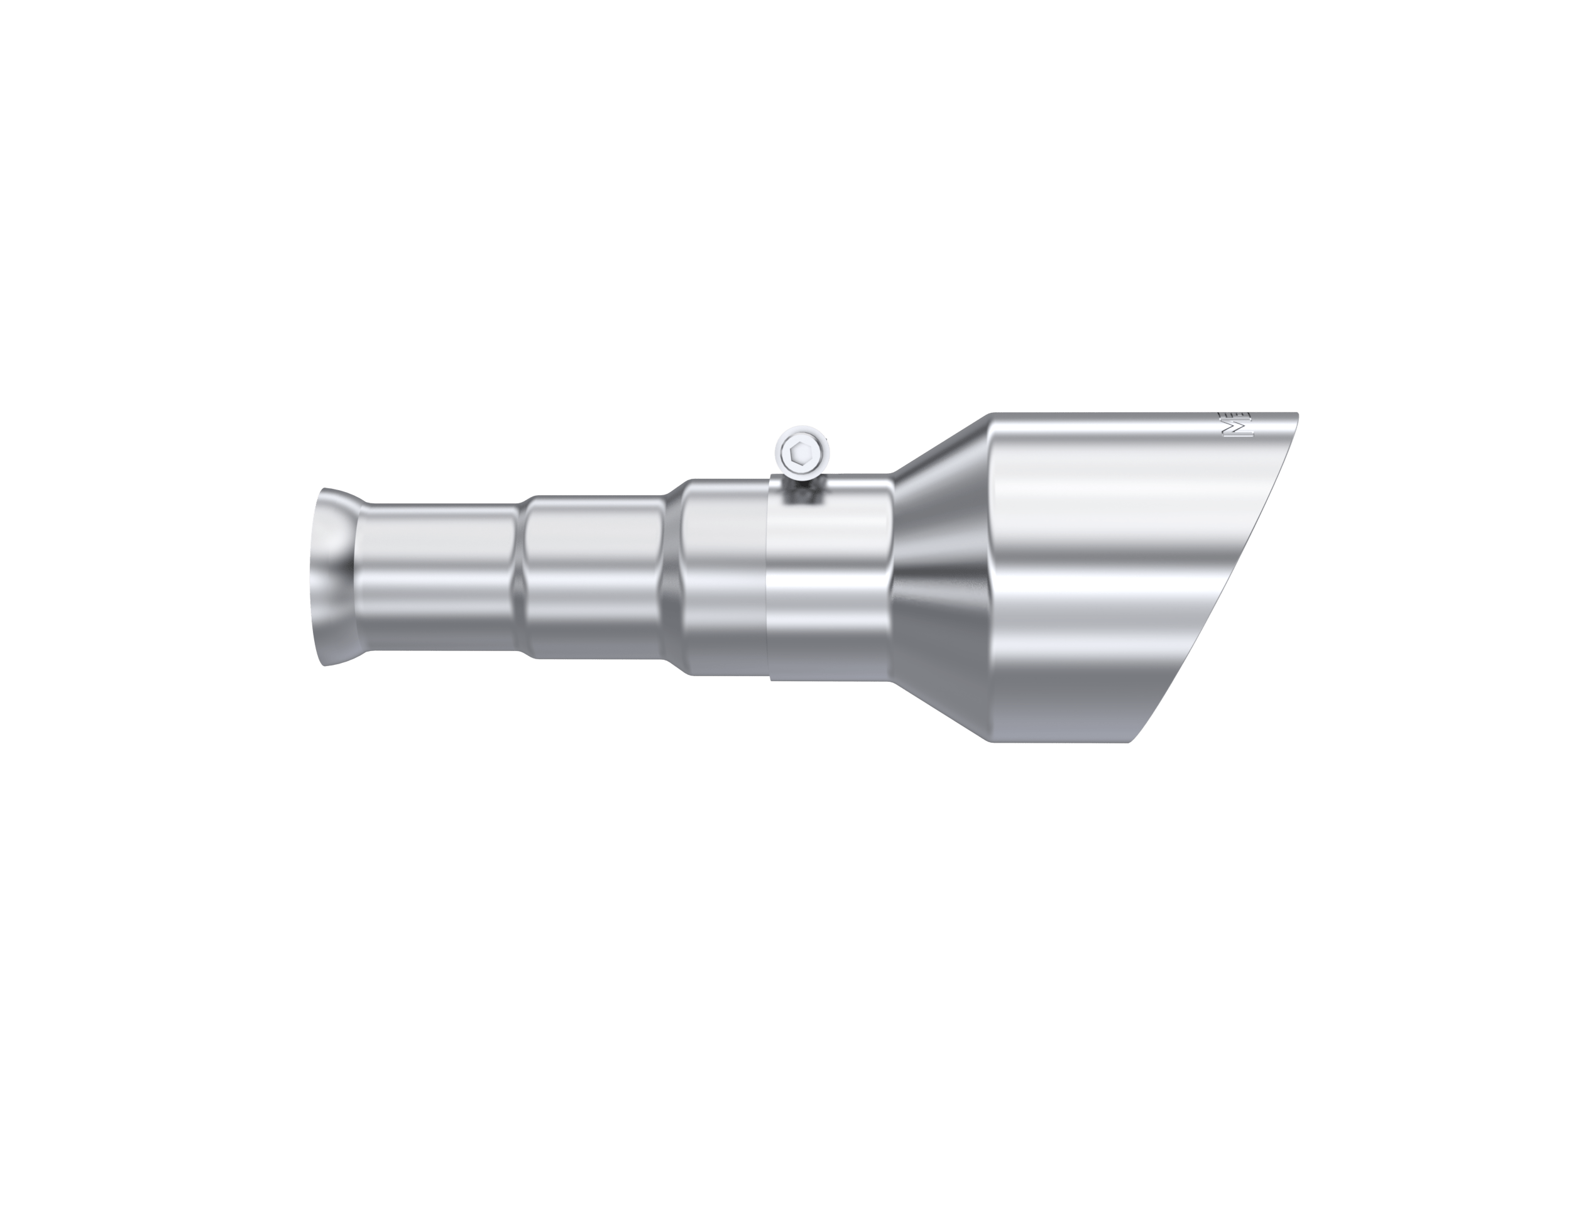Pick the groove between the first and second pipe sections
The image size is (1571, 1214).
[x=526, y=576]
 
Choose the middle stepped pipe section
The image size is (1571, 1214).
[x=593, y=576]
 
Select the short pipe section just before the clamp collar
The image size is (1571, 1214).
[x=723, y=576]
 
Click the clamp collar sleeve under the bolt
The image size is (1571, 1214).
[x=827, y=582]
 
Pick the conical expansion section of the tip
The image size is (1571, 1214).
[x=943, y=576]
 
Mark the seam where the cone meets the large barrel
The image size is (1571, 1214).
[x=989, y=576]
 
